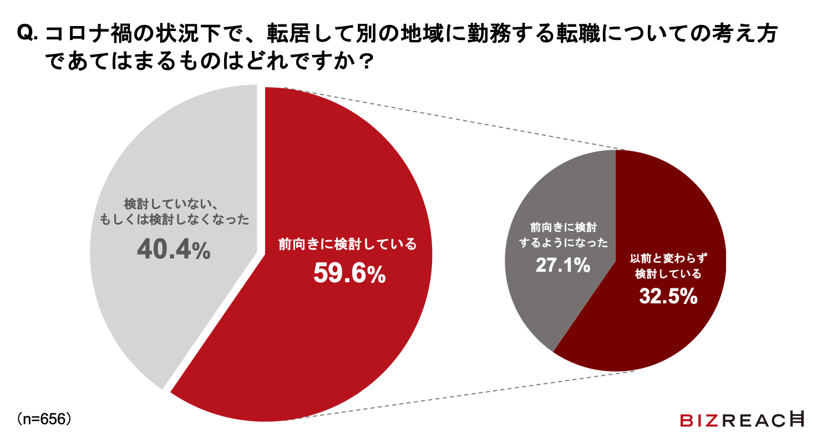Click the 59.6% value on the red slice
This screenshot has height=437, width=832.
pos(349,273)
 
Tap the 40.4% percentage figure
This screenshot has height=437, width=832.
pos(174,250)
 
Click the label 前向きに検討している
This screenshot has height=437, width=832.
pos(347,244)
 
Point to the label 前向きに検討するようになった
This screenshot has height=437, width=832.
pos(562,236)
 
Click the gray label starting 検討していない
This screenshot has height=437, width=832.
pos(174,211)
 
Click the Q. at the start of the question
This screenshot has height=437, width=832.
pos(28,34)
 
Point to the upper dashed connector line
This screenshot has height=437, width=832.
pos(455,119)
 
